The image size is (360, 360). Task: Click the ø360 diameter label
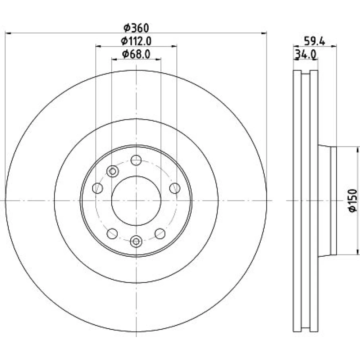pyautogui.click(x=136, y=28)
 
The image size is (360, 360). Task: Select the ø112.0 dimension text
pyautogui.click(x=136, y=41)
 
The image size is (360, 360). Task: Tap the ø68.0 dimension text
pyautogui.click(x=136, y=54)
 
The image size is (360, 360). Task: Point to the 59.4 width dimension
pyautogui.click(x=315, y=41)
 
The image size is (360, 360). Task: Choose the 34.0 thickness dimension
pyautogui.click(x=306, y=54)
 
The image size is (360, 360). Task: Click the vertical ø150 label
pyautogui.click(x=353, y=201)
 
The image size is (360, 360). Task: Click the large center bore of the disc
pyautogui.click(x=136, y=201)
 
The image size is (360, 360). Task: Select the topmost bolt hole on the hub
pyautogui.click(x=136, y=160)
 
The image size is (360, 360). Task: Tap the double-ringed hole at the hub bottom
pyautogui.click(x=136, y=241)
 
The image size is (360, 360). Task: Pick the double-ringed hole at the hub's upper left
pyautogui.click(x=112, y=171)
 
